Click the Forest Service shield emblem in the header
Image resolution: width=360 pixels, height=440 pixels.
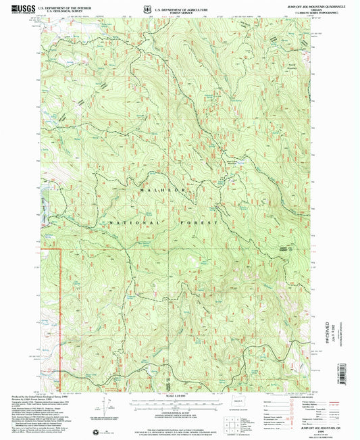coord(147,9)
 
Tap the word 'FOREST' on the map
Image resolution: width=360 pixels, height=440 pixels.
coord(205,222)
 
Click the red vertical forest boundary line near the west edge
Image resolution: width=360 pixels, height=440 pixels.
coord(61,311)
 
